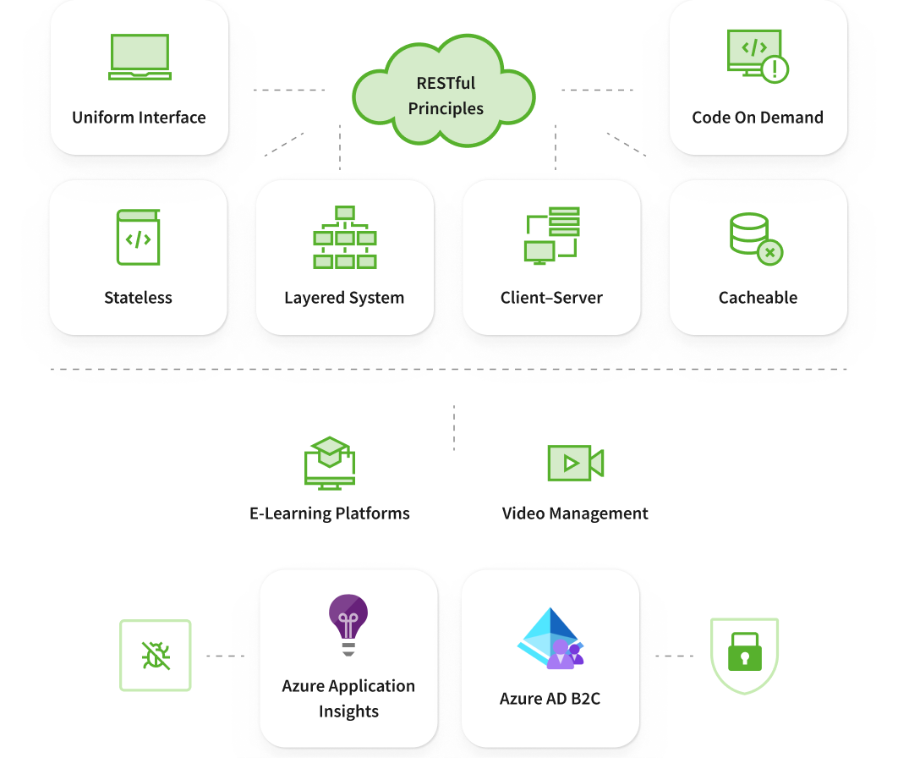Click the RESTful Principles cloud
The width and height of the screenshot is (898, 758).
[x=445, y=95]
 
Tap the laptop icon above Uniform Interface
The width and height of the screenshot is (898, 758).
[x=140, y=58]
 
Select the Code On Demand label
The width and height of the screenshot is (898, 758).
[x=758, y=118]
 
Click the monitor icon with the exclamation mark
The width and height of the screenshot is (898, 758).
[x=757, y=57]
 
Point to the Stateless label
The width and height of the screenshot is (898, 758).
[x=138, y=298]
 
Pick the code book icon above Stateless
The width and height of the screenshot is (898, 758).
[x=138, y=237]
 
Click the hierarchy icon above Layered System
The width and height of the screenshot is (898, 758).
[x=344, y=237]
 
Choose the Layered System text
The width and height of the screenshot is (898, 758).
[x=344, y=298]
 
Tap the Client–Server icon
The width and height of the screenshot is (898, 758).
[x=551, y=235]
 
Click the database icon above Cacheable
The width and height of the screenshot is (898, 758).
[x=756, y=239]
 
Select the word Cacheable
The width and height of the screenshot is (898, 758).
[x=758, y=298]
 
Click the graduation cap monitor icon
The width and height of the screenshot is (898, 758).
[x=329, y=463]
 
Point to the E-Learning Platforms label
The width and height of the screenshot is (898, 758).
[x=330, y=514]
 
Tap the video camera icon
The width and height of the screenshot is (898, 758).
[x=575, y=463]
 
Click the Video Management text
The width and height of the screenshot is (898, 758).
[x=575, y=514]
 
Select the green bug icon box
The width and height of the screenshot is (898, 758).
[x=156, y=656]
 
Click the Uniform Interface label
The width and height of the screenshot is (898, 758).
[x=139, y=118]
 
